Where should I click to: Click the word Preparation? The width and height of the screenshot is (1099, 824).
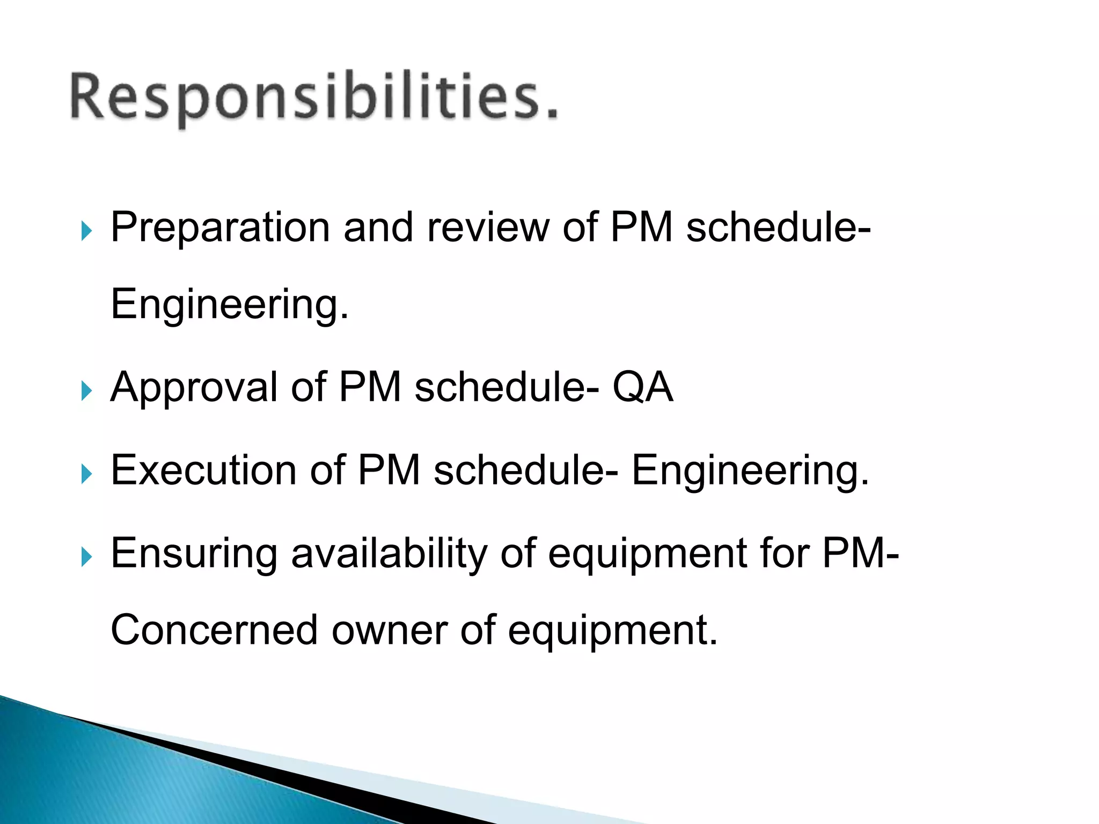(x=220, y=228)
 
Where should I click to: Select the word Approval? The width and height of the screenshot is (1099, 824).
(x=194, y=387)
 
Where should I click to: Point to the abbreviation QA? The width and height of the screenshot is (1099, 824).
(x=642, y=387)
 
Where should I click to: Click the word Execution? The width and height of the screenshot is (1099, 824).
(x=203, y=470)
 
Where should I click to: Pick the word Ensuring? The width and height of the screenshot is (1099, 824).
(x=194, y=553)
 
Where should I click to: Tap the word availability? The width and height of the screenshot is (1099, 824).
(x=389, y=553)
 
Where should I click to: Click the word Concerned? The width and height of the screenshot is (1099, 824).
(x=214, y=630)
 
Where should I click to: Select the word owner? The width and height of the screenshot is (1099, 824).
(x=389, y=630)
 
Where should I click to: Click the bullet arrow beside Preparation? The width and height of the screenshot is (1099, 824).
(x=86, y=232)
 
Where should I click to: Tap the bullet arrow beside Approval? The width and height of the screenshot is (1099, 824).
(x=86, y=391)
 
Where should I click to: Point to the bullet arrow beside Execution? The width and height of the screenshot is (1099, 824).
(x=86, y=474)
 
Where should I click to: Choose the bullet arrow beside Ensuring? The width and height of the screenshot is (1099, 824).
(x=86, y=557)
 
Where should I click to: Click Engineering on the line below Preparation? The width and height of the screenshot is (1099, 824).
(x=230, y=305)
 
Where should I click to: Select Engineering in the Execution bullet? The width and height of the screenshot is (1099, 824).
(x=750, y=470)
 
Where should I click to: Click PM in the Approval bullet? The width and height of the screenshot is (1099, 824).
(x=370, y=387)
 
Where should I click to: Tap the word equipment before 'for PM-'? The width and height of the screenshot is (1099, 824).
(x=648, y=553)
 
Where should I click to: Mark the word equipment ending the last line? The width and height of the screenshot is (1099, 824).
(x=612, y=630)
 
